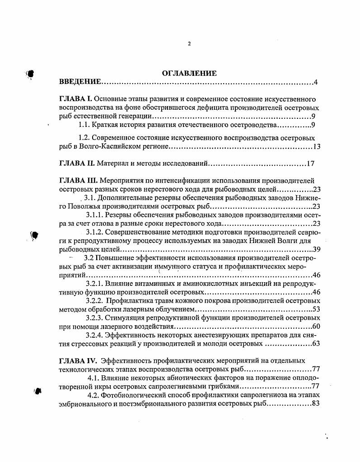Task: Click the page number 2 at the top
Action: click(x=189, y=44)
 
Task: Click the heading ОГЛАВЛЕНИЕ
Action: click(x=189, y=73)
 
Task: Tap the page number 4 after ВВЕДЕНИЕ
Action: click(x=317, y=82)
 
